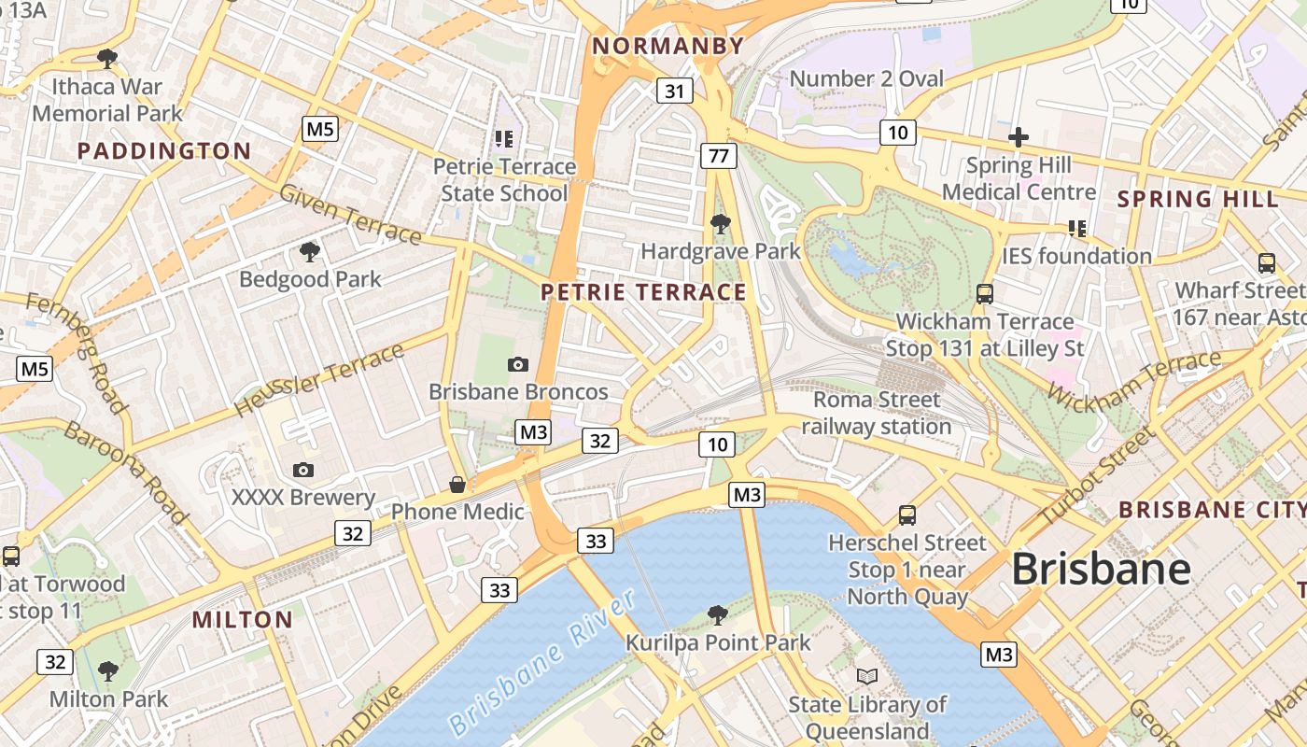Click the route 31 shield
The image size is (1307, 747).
click(674, 91)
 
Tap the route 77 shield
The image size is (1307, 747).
click(718, 156)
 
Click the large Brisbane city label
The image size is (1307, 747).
click(1101, 569)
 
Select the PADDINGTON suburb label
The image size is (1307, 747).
click(164, 151)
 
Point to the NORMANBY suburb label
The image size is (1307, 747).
click(668, 46)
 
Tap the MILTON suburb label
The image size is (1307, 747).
click(243, 619)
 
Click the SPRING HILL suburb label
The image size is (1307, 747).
click(1198, 199)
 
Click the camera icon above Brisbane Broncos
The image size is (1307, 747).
click(518, 364)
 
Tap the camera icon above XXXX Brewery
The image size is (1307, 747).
click(303, 470)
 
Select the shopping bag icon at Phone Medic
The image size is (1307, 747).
click(457, 485)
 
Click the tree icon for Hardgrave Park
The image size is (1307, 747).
click(720, 224)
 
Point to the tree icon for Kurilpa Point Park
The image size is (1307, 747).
click(718, 614)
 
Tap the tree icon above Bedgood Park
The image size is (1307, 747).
click(309, 251)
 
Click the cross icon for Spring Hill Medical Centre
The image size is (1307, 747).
click(1018, 138)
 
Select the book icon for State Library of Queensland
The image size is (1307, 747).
click(867, 676)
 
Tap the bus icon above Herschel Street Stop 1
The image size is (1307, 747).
click(906, 514)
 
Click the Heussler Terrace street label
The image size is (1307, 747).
click(318, 381)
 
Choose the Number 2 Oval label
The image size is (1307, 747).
click(866, 79)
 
